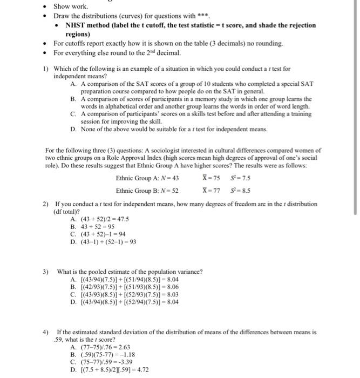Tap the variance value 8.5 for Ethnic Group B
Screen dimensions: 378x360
pos(243,190)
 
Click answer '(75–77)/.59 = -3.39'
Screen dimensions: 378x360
pos(105,361)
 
